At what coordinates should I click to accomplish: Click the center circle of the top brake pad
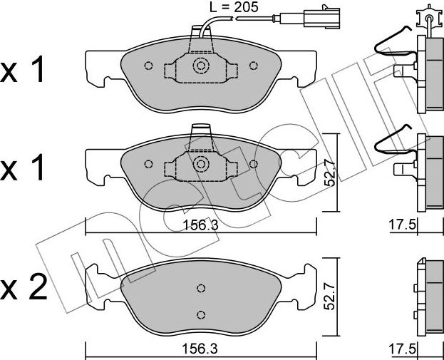[201, 67]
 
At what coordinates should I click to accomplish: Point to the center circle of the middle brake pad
[201, 164]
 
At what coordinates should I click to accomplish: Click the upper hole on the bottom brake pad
[201, 288]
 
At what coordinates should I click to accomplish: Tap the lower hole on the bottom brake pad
[201, 314]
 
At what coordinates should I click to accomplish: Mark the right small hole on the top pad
[253, 66]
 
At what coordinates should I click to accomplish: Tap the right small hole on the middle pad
[253, 163]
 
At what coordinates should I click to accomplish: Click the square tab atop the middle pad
[201, 129]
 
